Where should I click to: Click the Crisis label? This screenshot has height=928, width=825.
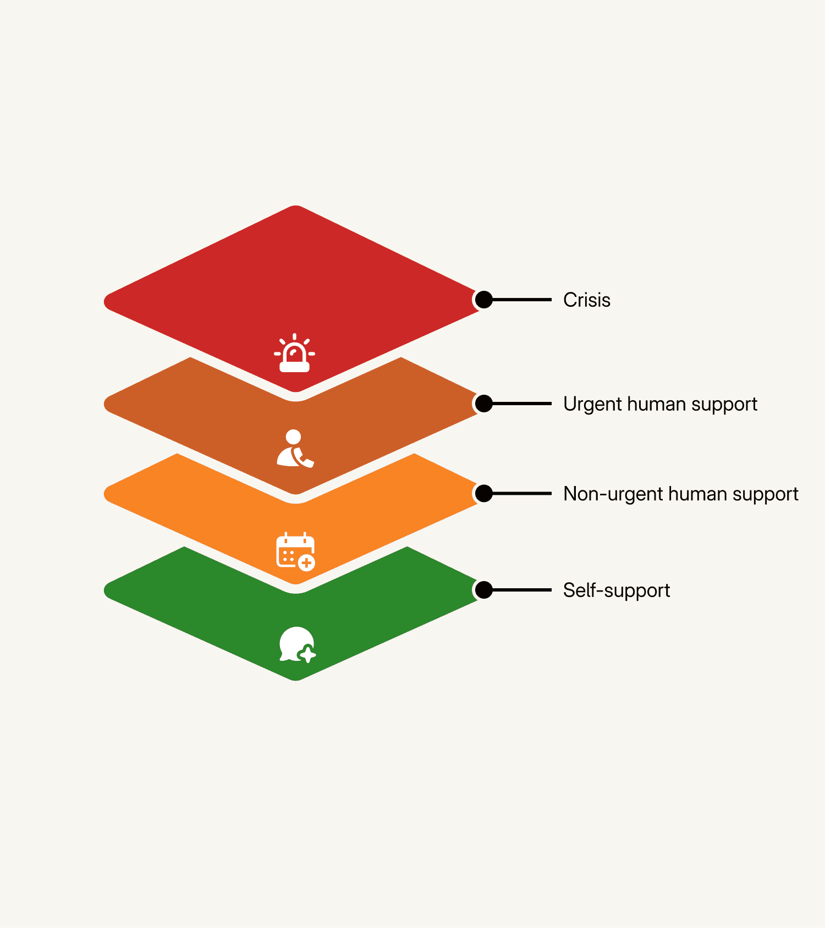click(586, 300)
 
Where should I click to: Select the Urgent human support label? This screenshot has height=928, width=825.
click(660, 404)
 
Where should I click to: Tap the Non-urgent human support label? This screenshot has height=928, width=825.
click(680, 494)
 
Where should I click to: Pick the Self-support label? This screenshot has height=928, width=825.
click(616, 590)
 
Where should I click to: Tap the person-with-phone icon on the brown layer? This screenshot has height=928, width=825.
click(295, 449)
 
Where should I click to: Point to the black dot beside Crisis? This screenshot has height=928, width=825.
click(483, 300)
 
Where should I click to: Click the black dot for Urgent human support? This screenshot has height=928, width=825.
click(483, 404)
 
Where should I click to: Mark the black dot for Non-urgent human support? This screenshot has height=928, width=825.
click(483, 494)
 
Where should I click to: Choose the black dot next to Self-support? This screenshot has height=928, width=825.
click(483, 590)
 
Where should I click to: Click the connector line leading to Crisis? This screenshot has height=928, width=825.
click(522, 300)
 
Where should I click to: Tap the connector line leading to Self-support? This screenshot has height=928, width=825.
click(522, 590)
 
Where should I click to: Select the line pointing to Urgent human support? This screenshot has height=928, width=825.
click(522, 404)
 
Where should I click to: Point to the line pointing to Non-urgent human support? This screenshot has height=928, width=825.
click(522, 494)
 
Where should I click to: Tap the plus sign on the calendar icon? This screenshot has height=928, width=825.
click(306, 563)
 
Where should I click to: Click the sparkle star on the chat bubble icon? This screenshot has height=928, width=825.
click(307, 655)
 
